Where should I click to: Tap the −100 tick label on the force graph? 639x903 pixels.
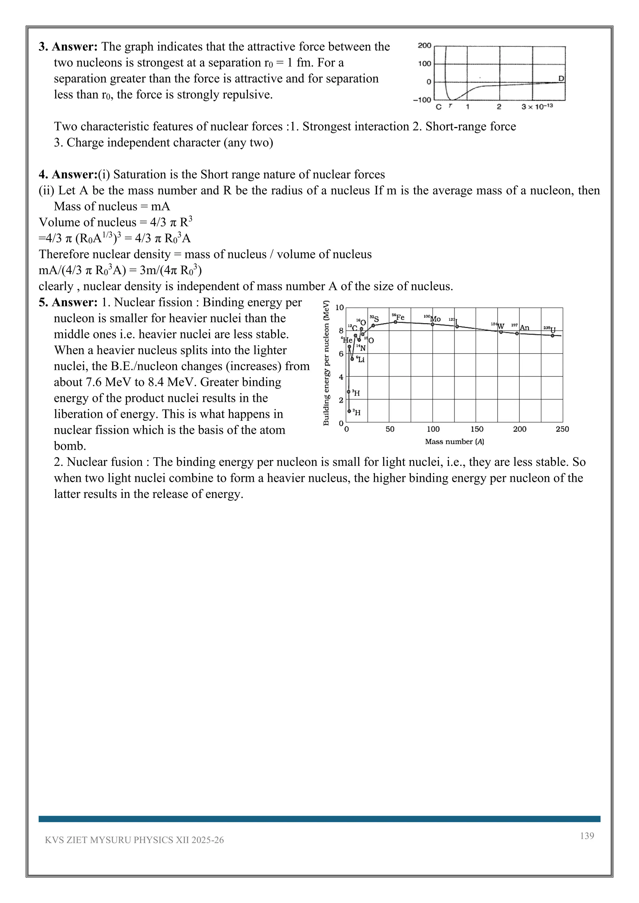pos(422,100)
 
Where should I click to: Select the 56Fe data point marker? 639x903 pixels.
pos(395,322)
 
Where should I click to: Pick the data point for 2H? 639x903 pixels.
pos(349,411)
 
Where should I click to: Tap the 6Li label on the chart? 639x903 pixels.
pos(360,359)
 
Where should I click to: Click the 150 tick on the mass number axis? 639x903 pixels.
pos(476,429)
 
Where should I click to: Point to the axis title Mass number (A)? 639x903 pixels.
pos(455,442)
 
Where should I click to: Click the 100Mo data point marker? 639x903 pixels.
pos(432,325)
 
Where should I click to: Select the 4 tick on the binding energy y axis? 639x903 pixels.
pos(341,377)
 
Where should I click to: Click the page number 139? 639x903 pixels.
pos(587,836)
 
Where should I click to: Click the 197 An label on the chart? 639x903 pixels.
pos(520,327)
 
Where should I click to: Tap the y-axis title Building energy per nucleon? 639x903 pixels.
pos(326,363)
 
